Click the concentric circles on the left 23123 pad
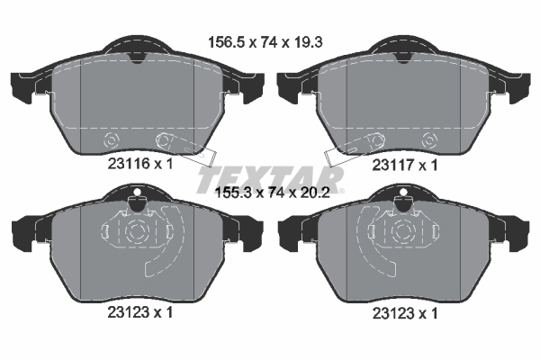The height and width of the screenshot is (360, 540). coord(136,231)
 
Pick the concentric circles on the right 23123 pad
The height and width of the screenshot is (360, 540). coord(401,231)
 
